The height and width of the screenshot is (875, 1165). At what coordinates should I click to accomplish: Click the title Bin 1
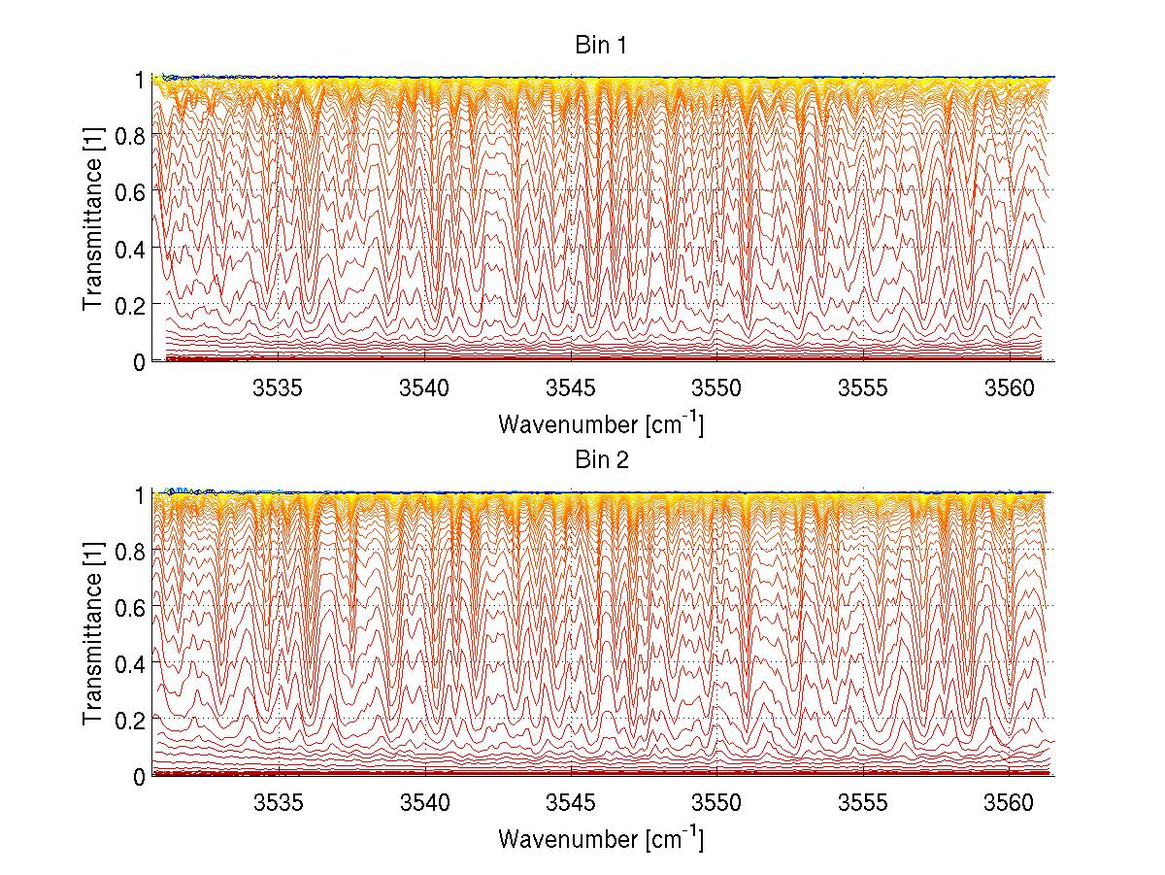601,46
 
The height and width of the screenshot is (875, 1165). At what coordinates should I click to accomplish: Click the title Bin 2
601,460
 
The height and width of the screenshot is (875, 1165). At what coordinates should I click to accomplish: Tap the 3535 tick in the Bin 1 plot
279,389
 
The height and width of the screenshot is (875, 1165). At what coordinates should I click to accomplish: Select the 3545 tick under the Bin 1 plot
571,389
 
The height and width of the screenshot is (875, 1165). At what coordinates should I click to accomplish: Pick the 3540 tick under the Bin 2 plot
425,804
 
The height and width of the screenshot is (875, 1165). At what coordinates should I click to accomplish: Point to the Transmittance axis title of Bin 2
93,635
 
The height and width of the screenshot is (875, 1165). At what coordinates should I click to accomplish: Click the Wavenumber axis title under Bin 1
601,423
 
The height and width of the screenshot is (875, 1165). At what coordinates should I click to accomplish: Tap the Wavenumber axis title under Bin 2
601,838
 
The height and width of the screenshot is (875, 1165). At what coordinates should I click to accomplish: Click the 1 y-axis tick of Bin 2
139,494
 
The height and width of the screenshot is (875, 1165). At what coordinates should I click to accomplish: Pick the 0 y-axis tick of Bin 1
139,361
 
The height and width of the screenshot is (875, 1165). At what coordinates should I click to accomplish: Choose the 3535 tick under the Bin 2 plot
279,804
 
